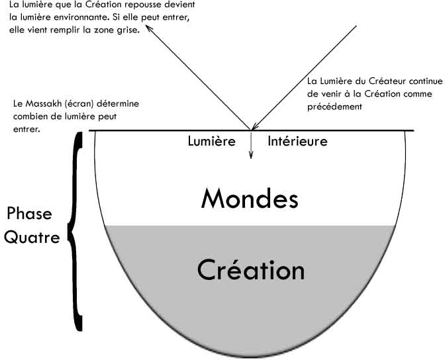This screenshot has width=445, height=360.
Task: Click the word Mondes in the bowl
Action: [250, 198]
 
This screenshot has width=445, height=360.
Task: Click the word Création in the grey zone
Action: [251, 269]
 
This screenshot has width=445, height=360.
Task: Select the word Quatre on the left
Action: [31, 237]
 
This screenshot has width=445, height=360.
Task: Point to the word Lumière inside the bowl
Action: [211, 141]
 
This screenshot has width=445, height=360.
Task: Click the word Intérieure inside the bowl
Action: [297, 141]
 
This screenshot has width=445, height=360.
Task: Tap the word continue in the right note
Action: [422, 82]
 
